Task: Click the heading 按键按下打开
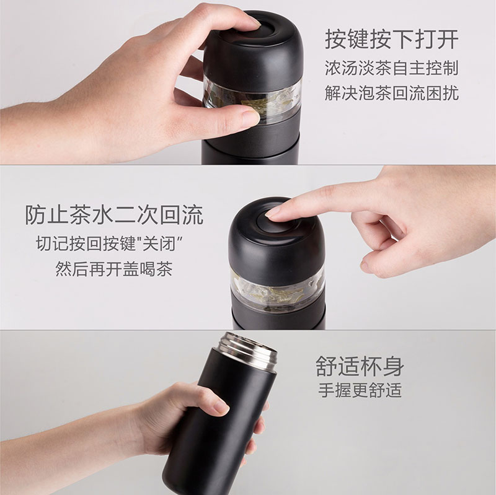point(392,40)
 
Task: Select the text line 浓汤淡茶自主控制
point(392,68)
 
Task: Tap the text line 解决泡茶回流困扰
point(392,93)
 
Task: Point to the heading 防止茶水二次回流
point(114,215)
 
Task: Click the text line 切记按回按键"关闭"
point(110,243)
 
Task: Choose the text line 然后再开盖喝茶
point(114,269)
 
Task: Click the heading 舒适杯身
point(360,366)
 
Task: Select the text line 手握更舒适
point(360,390)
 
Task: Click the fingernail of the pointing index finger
point(273,212)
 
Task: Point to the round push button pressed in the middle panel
point(272,221)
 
